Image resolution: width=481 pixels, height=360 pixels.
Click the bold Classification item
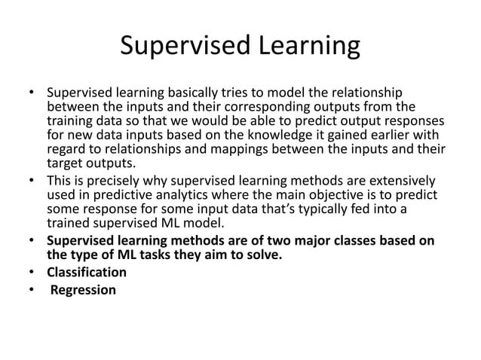[x=87, y=272]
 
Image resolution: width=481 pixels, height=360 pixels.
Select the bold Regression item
[x=84, y=288]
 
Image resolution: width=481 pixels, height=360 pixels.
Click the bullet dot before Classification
[x=32, y=272]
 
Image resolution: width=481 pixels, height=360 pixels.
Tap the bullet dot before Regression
[x=32, y=288]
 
